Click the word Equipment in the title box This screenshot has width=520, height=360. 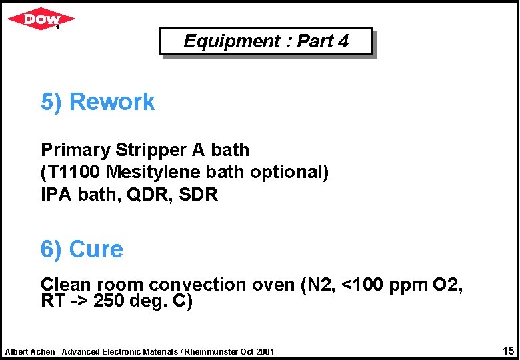coord(223,41)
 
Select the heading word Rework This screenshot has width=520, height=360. coord(112,102)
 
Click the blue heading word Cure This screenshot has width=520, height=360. coord(96,249)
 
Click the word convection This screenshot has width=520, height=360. coord(197,285)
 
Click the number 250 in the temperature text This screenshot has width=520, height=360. coord(109,301)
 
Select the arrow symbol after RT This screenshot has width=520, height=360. coord(79,301)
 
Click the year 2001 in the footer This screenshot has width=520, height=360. coord(263,351)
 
